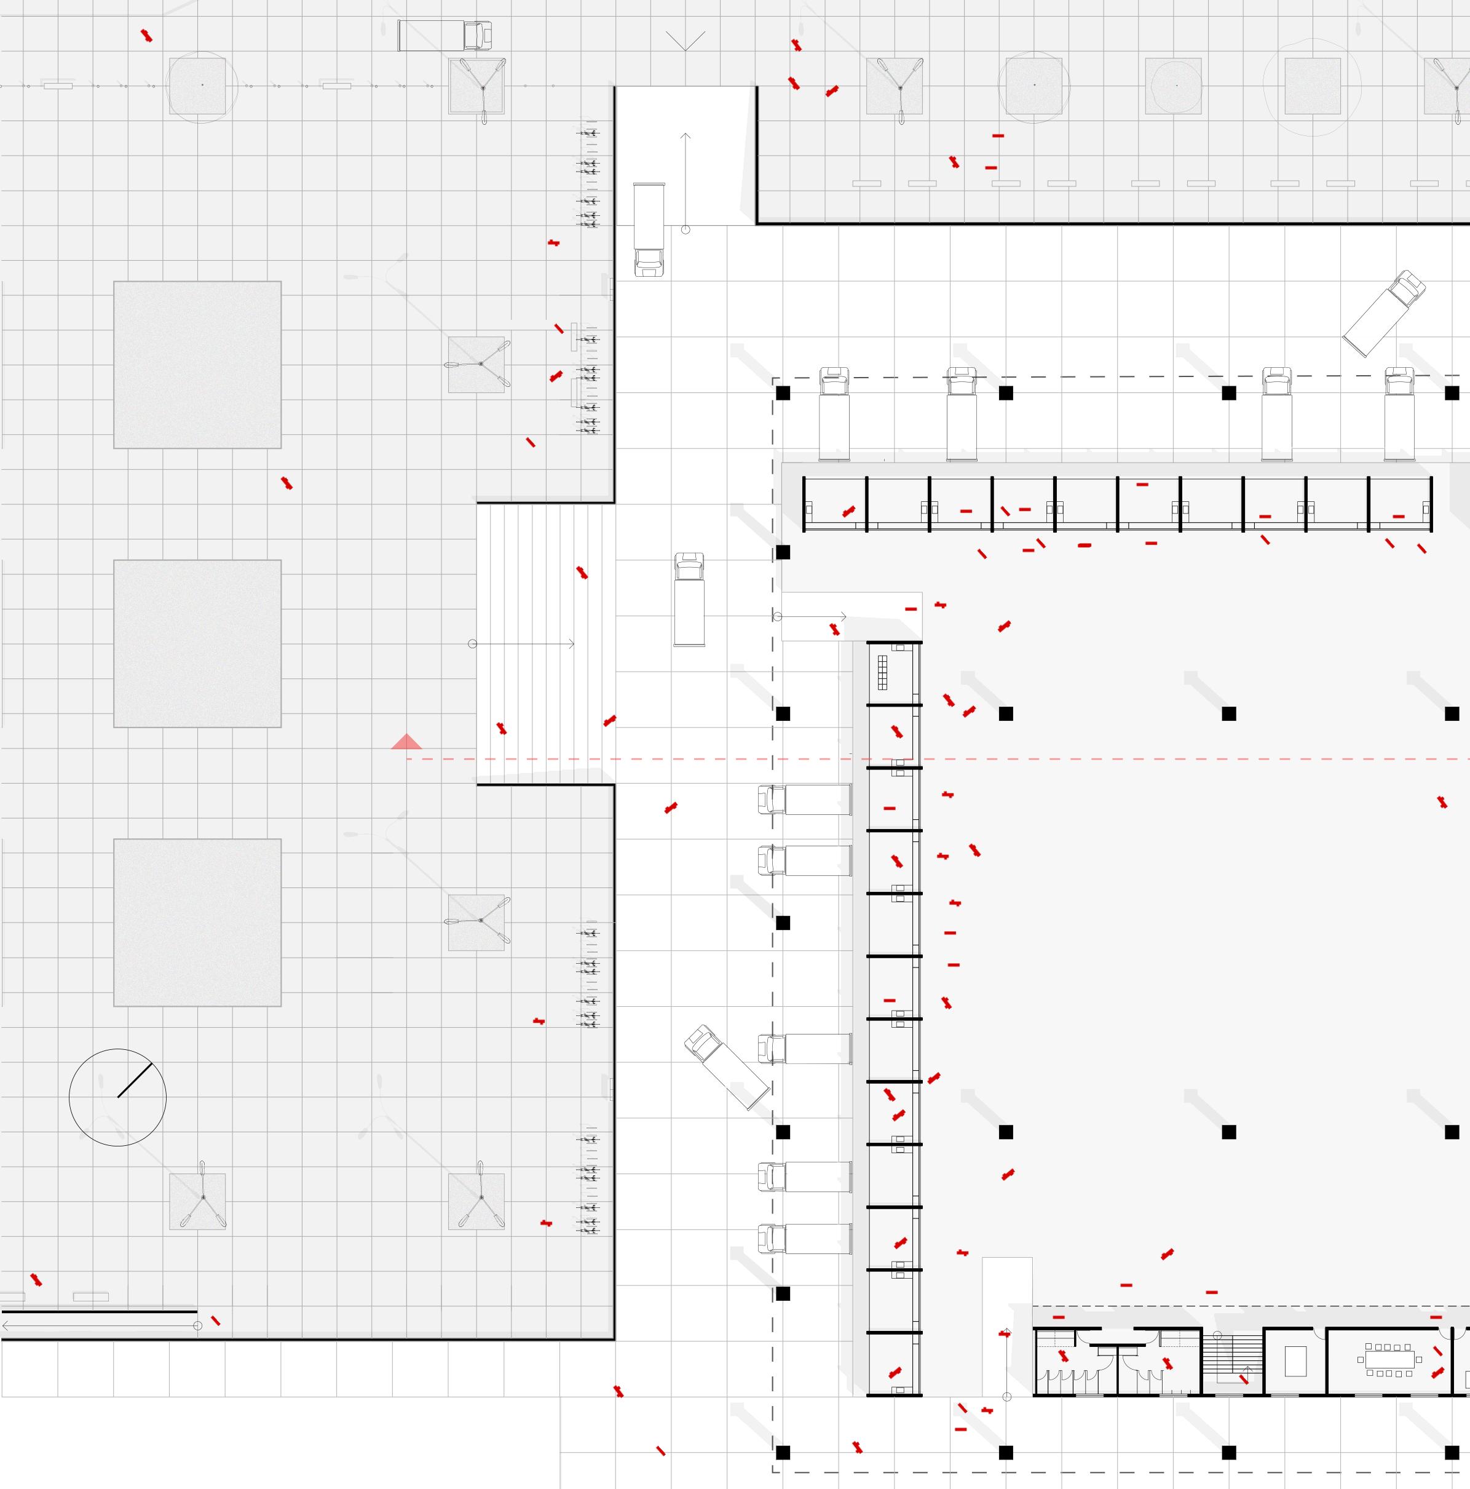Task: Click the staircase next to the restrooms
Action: point(1233,1360)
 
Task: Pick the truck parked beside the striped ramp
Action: point(689,599)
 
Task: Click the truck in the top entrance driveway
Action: point(649,229)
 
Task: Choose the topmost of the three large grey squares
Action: point(197,365)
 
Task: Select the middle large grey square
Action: point(197,643)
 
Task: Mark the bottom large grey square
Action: point(197,923)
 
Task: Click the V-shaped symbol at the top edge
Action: point(685,41)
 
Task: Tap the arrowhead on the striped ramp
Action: point(571,643)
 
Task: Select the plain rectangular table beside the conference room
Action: point(1296,1360)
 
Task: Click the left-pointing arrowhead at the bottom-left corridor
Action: point(6,1325)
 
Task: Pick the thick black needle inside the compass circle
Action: point(135,1080)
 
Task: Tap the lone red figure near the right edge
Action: point(1442,802)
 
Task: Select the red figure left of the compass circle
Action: point(36,1279)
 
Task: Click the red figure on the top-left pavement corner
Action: point(146,36)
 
